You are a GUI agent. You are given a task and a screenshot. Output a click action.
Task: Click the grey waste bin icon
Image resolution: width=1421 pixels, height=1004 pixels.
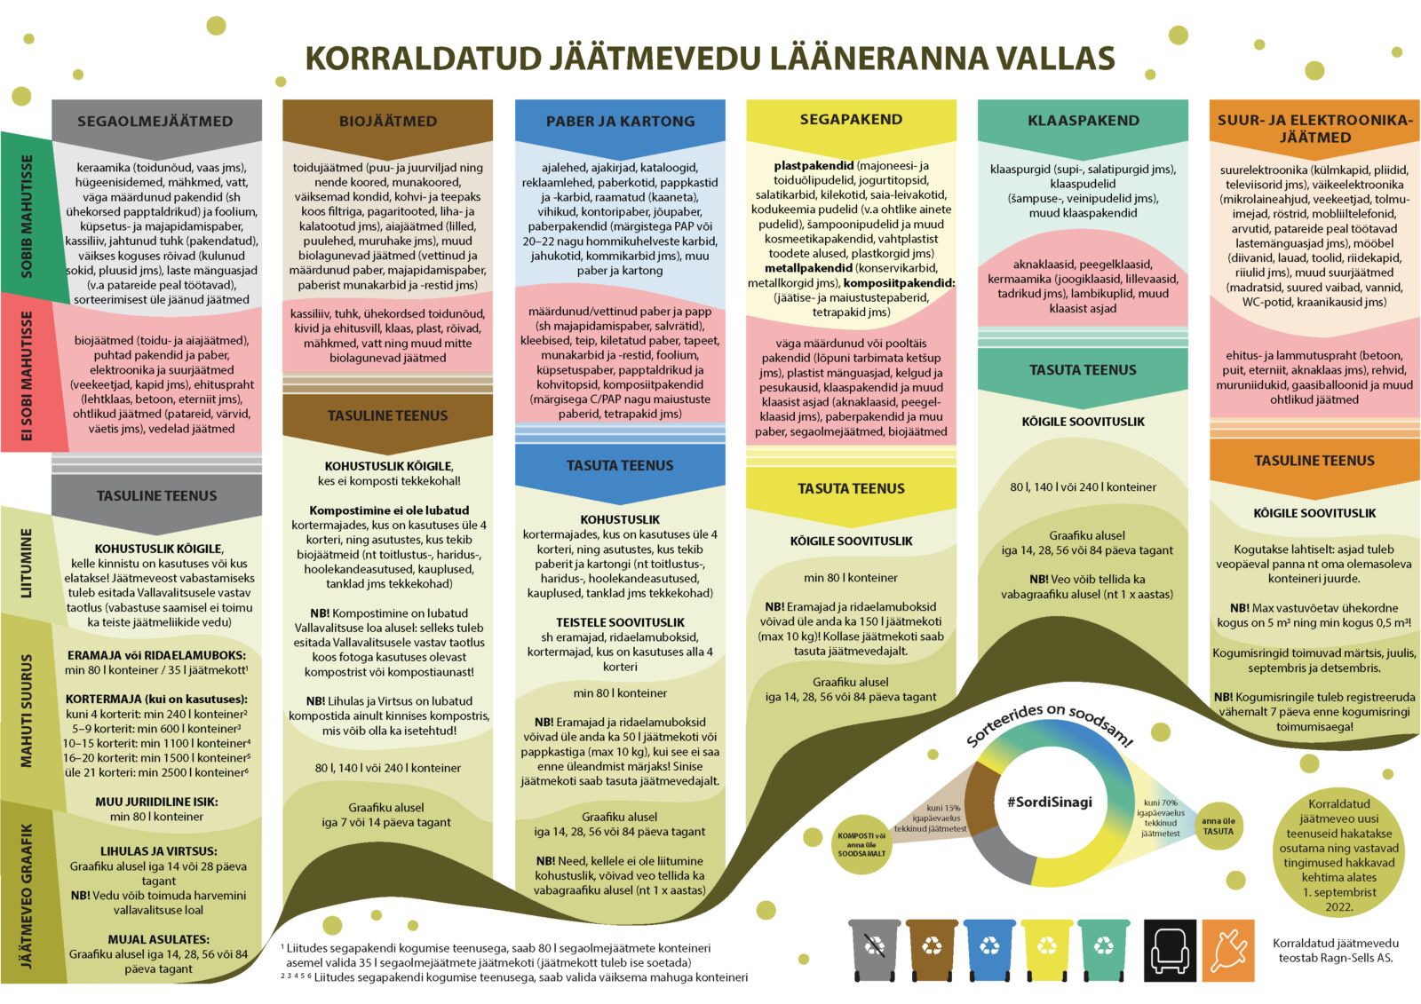pos(875,948)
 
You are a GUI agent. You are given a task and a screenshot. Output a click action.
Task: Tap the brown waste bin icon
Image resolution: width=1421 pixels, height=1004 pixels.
pos(932,948)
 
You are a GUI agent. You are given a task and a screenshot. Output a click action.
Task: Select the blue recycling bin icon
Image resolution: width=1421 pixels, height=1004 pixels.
pos(989,948)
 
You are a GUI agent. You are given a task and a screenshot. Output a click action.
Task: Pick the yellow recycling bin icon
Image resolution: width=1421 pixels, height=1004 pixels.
pos(1047,948)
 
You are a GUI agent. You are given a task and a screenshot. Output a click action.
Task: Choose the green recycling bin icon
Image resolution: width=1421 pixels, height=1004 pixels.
pos(1104,948)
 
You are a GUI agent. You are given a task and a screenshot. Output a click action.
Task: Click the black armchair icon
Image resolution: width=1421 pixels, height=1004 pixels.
pos(1170,950)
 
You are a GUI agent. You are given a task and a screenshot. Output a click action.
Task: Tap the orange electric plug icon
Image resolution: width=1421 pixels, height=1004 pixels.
pos(1228,950)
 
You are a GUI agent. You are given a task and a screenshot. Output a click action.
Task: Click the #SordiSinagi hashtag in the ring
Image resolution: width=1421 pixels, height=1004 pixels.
pos(1049,802)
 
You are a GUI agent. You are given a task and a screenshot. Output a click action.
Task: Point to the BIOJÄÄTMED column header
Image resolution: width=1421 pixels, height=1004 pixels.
pos(387,121)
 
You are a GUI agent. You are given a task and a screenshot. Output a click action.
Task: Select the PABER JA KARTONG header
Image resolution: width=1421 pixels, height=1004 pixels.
pos(620,121)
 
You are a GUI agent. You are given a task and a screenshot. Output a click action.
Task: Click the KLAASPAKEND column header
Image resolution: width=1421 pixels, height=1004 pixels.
pos(1083,120)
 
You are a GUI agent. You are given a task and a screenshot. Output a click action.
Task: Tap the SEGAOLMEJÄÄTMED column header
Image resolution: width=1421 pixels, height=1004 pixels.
pos(155,121)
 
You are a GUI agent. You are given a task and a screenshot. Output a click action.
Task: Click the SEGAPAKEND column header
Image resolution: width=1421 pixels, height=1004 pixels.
pos(851,119)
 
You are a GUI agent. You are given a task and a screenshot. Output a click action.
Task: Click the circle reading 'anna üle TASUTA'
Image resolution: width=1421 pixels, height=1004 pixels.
pos(1218,826)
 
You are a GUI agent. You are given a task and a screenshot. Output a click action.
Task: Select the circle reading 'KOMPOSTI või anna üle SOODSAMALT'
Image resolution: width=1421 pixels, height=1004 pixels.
pos(861,844)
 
